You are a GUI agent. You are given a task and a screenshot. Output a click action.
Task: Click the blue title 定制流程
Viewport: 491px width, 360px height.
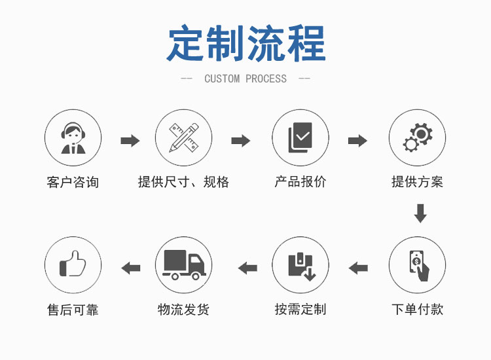[245, 44]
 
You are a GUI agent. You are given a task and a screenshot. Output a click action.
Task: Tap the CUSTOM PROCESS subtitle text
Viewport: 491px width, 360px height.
[245, 79]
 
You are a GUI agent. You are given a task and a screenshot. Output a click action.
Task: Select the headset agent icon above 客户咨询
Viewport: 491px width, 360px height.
[73, 138]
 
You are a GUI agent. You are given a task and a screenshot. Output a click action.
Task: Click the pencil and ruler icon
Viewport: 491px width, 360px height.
[183, 138]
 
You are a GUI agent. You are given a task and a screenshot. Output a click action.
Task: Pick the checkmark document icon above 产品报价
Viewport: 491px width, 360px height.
[300, 138]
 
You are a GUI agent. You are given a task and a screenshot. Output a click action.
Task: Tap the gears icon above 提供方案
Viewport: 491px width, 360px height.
[418, 138]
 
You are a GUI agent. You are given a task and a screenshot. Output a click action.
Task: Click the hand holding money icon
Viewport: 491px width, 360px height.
[418, 266]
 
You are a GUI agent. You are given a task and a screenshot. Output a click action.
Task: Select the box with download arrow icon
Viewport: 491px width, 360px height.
[300, 266]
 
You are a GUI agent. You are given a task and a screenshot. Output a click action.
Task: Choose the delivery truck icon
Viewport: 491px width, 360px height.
[183, 266]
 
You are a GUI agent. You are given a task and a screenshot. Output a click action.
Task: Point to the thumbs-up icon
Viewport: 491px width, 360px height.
[73, 266]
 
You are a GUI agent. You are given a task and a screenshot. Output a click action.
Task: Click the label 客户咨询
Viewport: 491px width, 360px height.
[73, 182]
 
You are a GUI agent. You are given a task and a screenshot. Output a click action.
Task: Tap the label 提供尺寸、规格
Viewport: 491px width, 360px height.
[183, 182]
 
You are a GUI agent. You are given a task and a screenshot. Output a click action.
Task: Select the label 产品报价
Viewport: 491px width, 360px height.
[300, 182]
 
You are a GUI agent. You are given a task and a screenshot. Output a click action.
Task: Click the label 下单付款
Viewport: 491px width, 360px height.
[418, 309]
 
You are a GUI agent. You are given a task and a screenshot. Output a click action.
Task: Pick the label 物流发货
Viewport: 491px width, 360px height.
[183, 309]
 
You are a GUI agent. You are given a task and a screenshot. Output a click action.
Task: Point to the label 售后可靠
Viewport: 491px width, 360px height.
[73, 309]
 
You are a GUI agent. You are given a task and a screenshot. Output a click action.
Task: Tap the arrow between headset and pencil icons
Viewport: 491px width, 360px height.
[130, 140]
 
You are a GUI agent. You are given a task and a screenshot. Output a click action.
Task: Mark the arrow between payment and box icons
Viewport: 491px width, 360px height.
[358, 267]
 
